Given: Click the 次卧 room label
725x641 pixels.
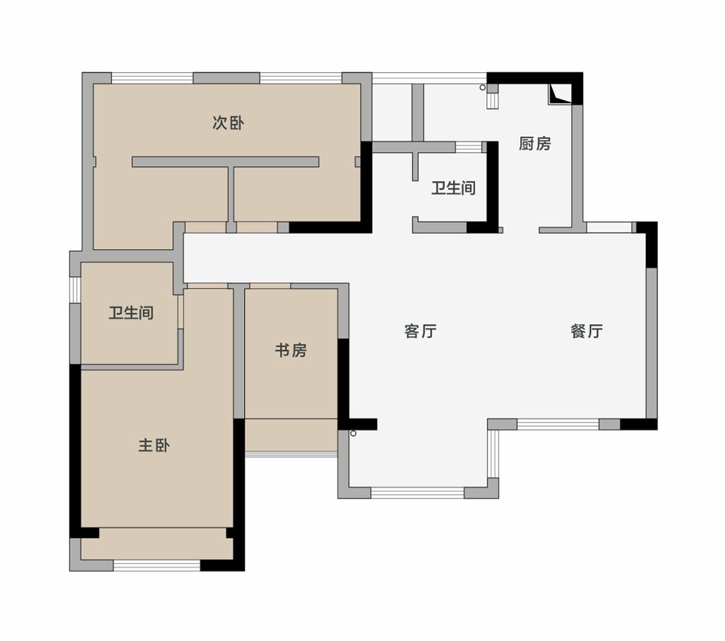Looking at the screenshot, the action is [x=229, y=123].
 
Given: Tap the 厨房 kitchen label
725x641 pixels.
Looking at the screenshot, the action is [x=535, y=144].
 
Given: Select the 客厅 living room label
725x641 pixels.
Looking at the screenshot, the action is [x=420, y=331].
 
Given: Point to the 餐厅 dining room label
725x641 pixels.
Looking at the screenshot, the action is [x=587, y=331].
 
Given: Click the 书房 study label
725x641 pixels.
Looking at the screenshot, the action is [x=291, y=350].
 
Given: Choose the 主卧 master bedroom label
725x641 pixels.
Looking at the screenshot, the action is [x=154, y=445].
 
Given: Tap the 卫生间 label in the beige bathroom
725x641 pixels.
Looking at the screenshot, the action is [x=131, y=313].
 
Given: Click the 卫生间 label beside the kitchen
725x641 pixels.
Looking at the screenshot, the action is [x=453, y=187].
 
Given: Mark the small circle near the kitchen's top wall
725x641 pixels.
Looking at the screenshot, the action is [x=482, y=88].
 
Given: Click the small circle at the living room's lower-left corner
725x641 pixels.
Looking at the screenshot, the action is [x=353, y=434].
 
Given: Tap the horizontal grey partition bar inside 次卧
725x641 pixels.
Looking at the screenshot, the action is [x=225, y=162].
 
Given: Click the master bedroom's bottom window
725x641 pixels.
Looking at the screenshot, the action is [x=156, y=565].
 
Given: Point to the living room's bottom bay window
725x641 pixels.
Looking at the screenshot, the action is [x=417, y=493].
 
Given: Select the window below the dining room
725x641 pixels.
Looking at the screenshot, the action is [x=558, y=424].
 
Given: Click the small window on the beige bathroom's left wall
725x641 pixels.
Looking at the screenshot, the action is [x=75, y=289].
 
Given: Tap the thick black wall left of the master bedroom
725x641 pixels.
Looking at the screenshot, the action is [x=75, y=451].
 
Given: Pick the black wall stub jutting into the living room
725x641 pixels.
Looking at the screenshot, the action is [x=358, y=424].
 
